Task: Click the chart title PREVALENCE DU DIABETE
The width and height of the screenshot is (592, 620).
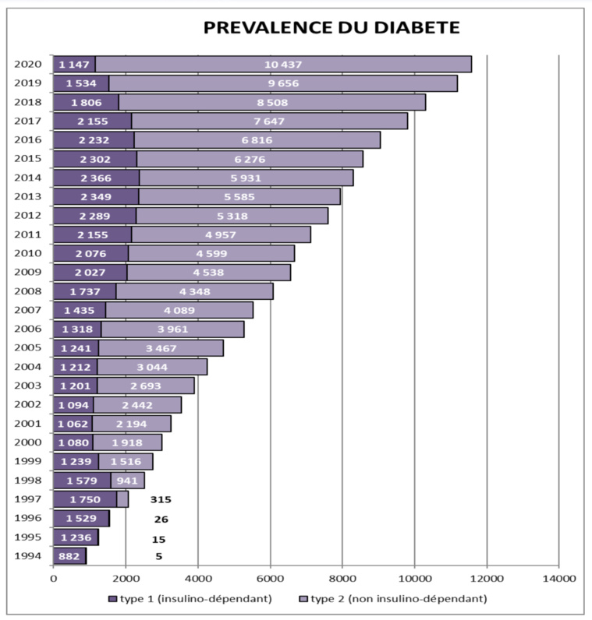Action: coord(331,28)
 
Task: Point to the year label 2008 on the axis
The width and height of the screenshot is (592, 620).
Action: coord(27,291)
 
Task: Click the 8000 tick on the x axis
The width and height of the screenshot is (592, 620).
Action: coord(342,578)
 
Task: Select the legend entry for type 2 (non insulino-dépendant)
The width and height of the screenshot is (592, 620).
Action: coord(394,598)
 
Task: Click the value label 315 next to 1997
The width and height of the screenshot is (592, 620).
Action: coord(161,499)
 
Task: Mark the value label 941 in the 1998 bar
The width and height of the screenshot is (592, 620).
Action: coord(127,481)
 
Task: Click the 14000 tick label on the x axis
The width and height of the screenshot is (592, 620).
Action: coord(558,578)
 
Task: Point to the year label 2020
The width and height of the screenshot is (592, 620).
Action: coord(27,64)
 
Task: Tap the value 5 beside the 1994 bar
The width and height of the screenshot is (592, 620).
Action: coord(158,556)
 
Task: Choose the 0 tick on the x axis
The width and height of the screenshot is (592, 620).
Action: coord(53,578)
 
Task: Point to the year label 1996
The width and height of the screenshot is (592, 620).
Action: coord(27,519)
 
